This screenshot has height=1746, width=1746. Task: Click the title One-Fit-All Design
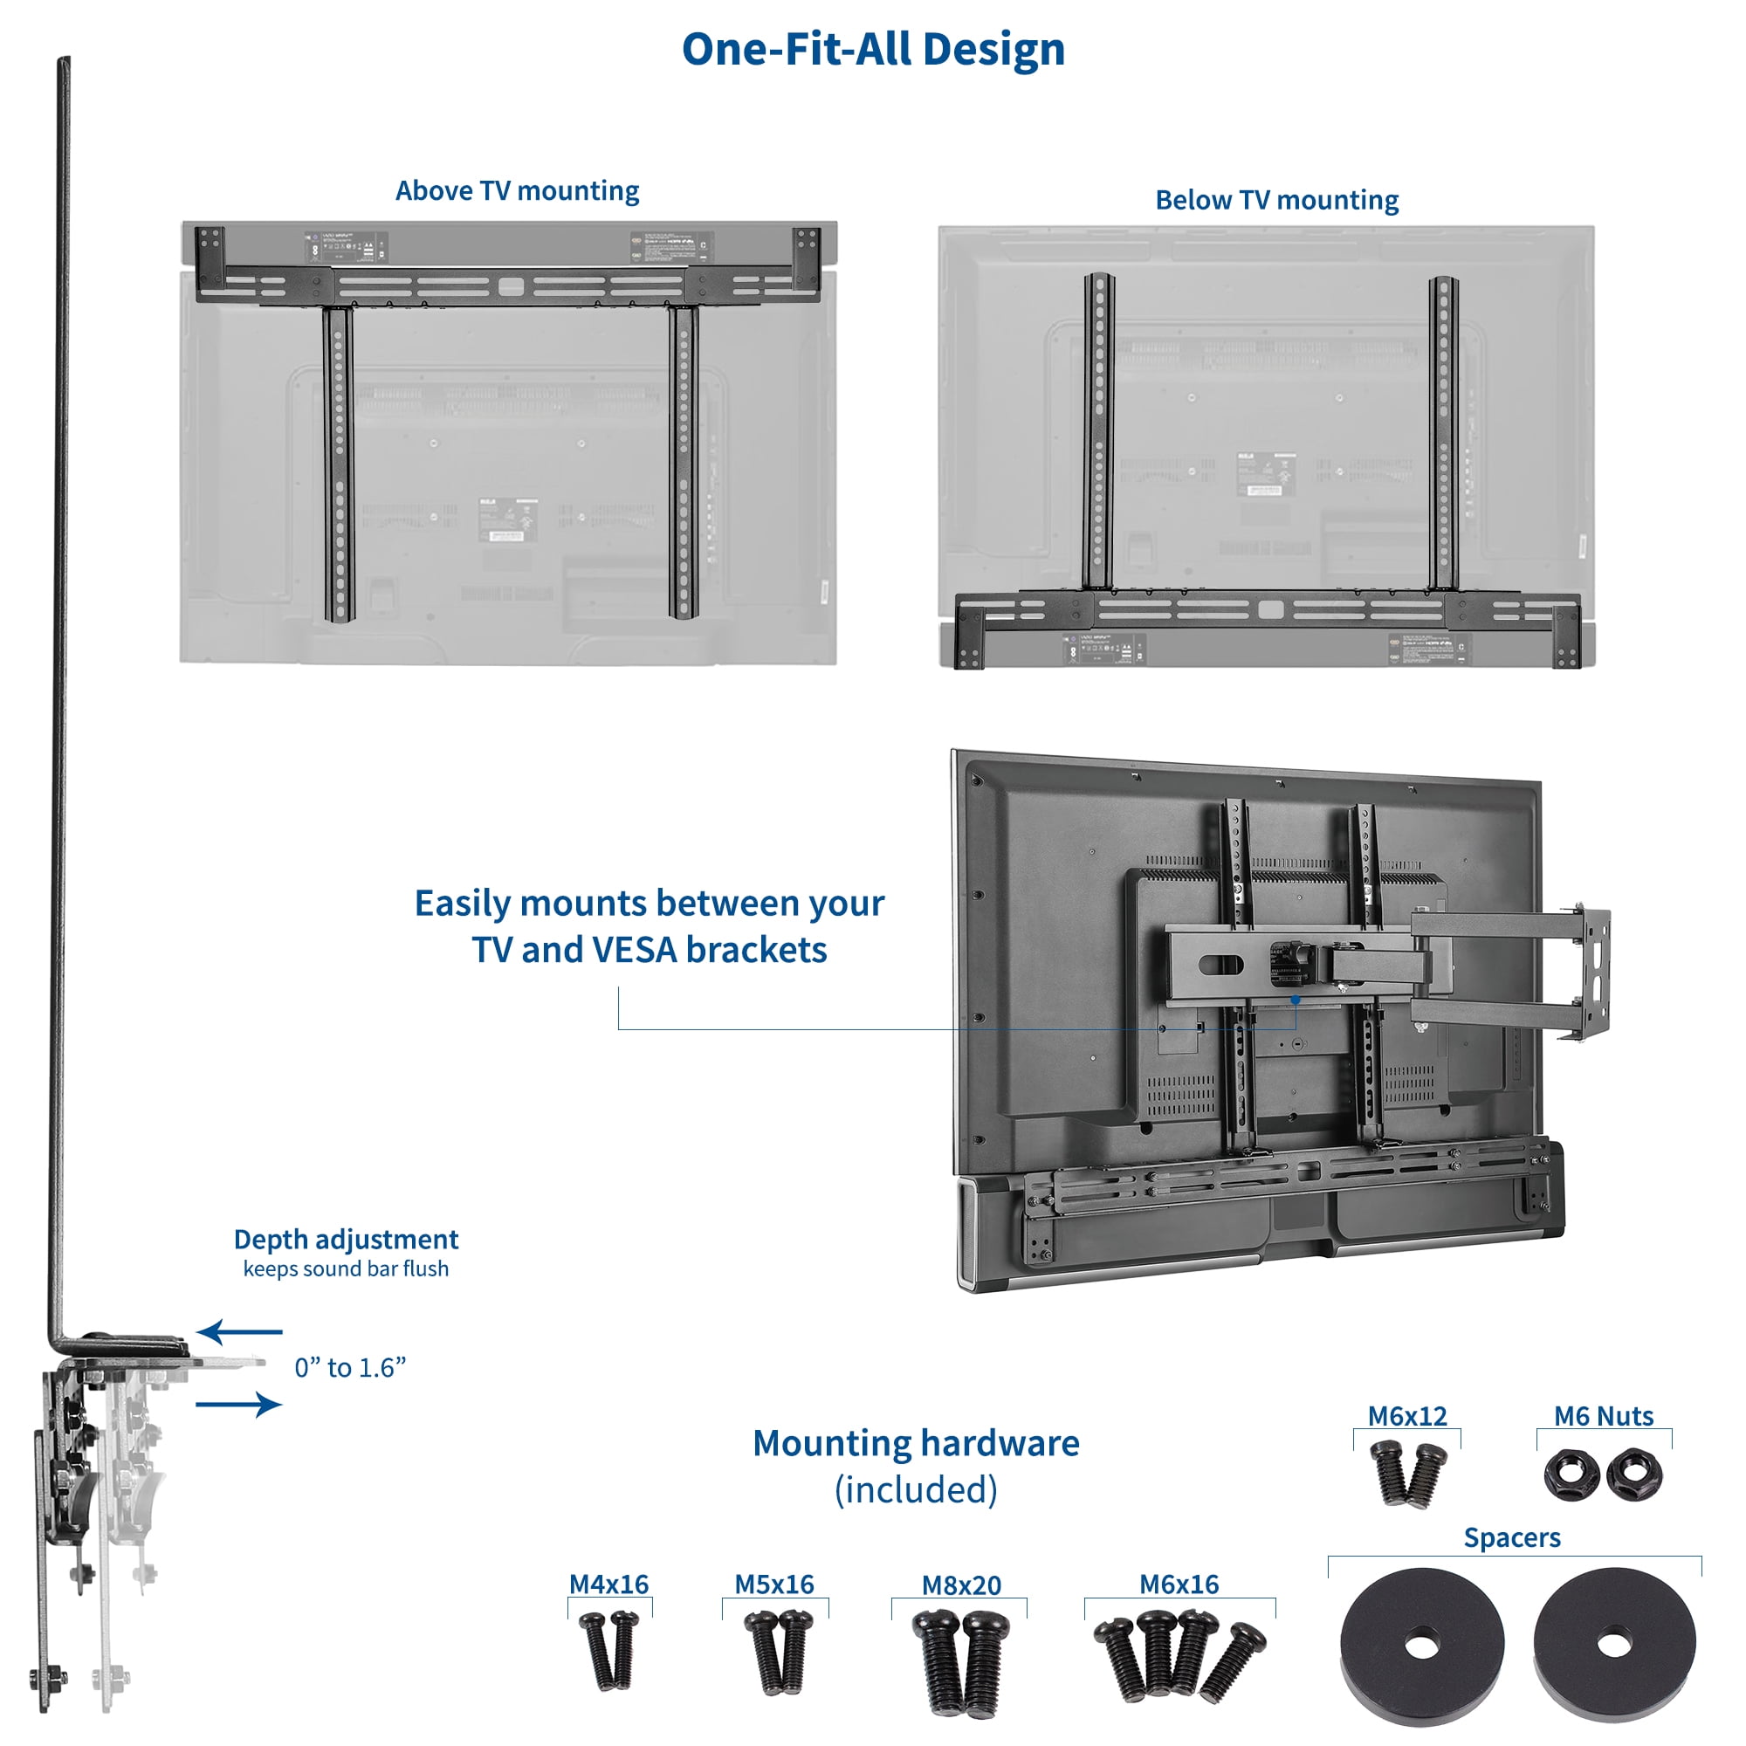pos(873,49)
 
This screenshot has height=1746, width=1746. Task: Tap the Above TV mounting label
pos(517,190)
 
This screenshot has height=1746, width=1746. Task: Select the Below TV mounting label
pos(1276,200)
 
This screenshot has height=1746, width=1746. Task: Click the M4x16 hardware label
pos(608,1584)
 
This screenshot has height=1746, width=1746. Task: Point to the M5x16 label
pos(773,1584)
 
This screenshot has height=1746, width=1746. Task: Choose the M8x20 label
pos(960,1585)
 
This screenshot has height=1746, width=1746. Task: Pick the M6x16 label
pos(1179,1584)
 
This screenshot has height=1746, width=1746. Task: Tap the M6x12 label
pos(1406,1416)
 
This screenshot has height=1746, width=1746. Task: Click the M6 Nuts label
pos(1603,1416)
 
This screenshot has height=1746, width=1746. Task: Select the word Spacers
pos(1512,1537)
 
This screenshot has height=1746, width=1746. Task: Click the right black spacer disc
pos(1615,1645)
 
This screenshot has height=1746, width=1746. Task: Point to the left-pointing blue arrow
pos(239,1331)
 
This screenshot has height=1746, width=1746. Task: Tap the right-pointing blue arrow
pos(239,1404)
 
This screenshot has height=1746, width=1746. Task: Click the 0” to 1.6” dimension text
pos(350,1367)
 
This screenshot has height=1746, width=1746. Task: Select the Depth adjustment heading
pos(345,1239)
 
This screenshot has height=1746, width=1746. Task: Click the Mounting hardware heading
pos(916,1443)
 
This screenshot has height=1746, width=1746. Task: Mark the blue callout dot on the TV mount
pos(1295,1000)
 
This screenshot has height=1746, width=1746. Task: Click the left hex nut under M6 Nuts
pos(1571,1474)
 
